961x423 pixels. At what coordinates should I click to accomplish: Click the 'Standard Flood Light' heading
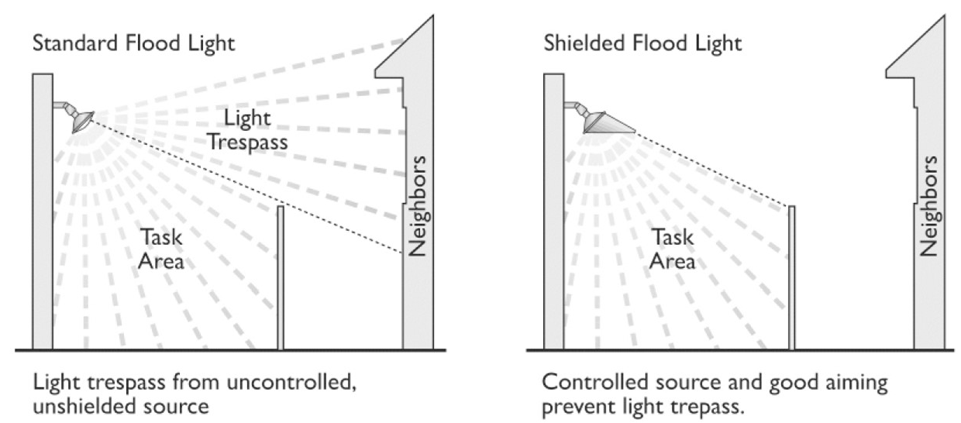[133, 44]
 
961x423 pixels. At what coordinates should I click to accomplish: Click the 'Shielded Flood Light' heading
[642, 44]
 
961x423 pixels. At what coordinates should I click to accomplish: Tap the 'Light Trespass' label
[246, 130]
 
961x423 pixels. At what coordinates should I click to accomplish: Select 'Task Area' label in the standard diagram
[161, 249]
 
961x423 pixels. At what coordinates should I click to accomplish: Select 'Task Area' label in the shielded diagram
[672, 249]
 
